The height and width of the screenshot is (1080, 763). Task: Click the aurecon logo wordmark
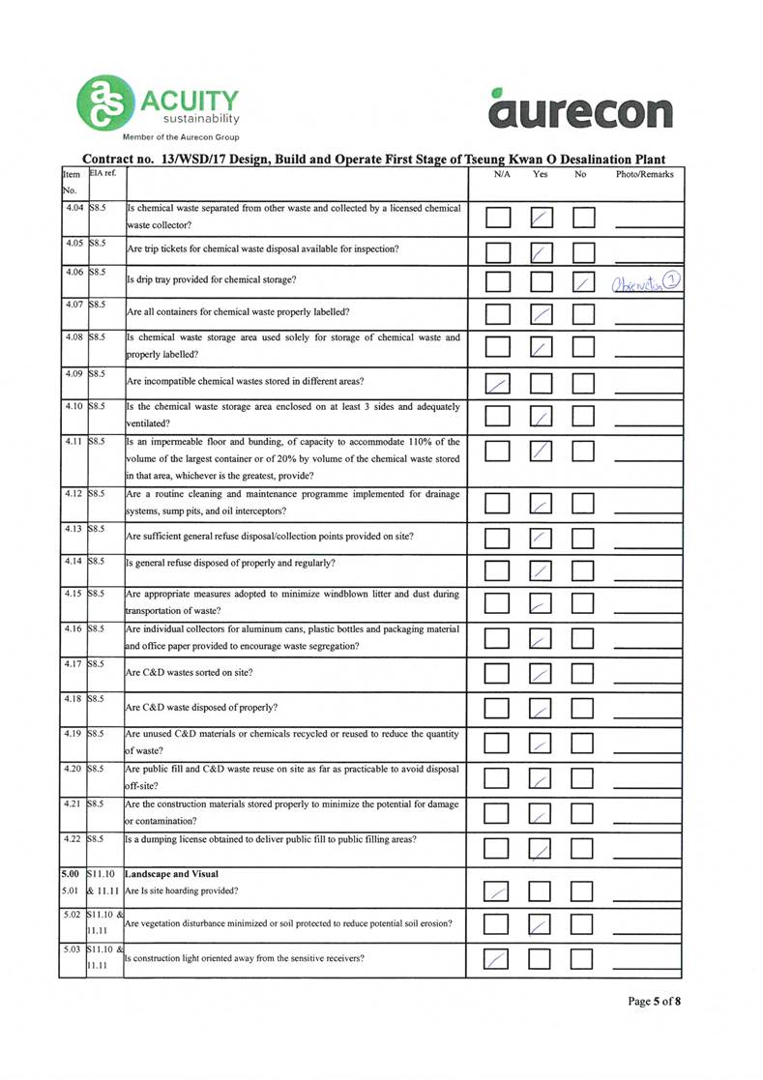[x=579, y=110]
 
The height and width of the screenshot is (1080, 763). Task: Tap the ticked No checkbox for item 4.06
[x=583, y=282]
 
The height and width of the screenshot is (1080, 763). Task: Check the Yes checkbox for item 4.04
[x=543, y=219]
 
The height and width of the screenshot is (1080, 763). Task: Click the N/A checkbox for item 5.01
[x=496, y=890]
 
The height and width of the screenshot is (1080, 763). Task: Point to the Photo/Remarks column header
[x=644, y=175]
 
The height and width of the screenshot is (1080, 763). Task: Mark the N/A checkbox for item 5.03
[x=496, y=960]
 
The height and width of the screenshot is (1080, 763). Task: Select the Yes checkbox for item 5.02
[x=543, y=925]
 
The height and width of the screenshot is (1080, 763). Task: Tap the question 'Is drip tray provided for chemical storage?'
[x=212, y=280]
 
